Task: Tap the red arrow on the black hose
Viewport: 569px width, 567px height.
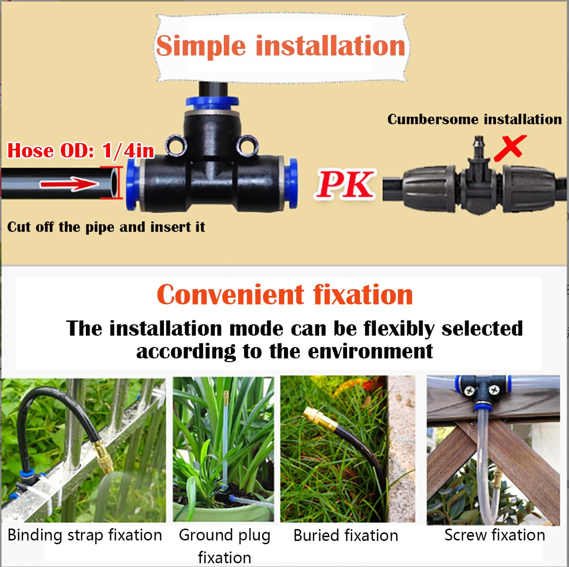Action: (69, 184)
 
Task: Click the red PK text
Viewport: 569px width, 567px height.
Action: (345, 184)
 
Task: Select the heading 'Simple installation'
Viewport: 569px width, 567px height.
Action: (281, 46)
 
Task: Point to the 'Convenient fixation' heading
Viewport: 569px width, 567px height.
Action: (284, 295)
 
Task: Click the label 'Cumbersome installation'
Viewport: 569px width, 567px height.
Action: (475, 119)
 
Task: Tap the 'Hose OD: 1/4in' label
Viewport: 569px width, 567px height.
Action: (81, 151)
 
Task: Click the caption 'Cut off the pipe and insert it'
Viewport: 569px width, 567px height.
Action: (106, 227)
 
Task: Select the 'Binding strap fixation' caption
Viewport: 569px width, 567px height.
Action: (85, 535)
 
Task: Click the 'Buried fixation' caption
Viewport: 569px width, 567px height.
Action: (346, 535)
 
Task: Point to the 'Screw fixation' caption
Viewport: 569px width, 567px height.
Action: (495, 535)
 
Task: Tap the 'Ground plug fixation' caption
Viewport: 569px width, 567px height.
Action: (225, 546)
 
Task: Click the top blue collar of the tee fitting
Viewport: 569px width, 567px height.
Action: (212, 101)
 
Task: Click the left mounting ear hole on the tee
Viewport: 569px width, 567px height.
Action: (175, 145)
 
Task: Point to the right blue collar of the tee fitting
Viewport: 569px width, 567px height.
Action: (291, 183)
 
